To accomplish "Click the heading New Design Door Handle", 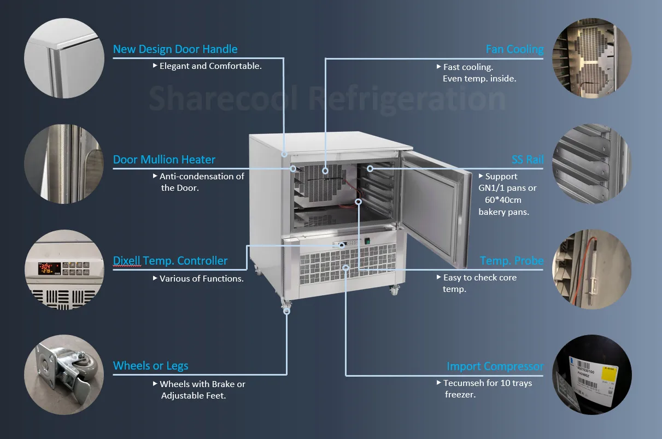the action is coord(175,49).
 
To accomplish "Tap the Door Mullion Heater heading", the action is coord(164,160).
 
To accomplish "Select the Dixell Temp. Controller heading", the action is coord(170,261).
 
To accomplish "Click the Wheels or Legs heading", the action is coord(150,366).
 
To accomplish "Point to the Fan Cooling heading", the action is coord(514,49).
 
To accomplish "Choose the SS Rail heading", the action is coord(528,160).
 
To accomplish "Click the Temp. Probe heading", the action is coord(512,261).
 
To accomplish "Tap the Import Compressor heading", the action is coord(495,366).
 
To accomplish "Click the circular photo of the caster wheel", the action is coord(64,374).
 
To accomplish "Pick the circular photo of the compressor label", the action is coord(592,374).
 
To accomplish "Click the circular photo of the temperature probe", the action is coord(592,270).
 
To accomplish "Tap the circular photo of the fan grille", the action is coord(592,58).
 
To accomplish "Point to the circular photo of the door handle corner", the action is coord(64,58).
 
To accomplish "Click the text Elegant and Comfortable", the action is coord(210,66).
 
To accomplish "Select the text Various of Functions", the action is coord(201,279).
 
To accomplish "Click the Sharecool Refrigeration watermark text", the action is coord(327,98).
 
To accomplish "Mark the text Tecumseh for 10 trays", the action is coord(487,383).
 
